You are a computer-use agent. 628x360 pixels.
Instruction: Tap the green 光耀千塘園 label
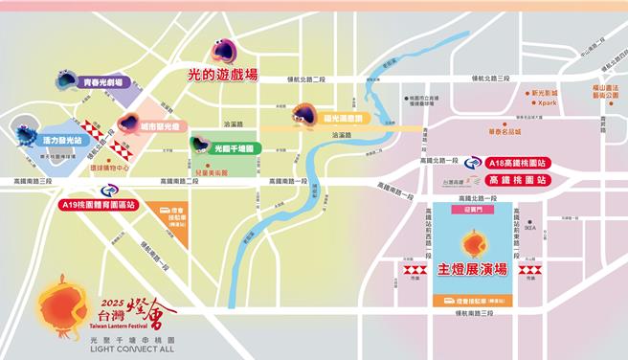click(x=234, y=148)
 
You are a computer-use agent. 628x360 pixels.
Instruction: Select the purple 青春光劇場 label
click(x=106, y=84)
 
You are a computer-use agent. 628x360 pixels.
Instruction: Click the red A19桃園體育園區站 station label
click(x=99, y=204)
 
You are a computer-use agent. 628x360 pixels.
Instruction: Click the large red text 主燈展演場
click(x=472, y=270)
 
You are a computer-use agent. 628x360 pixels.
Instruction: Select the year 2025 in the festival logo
click(x=108, y=289)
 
